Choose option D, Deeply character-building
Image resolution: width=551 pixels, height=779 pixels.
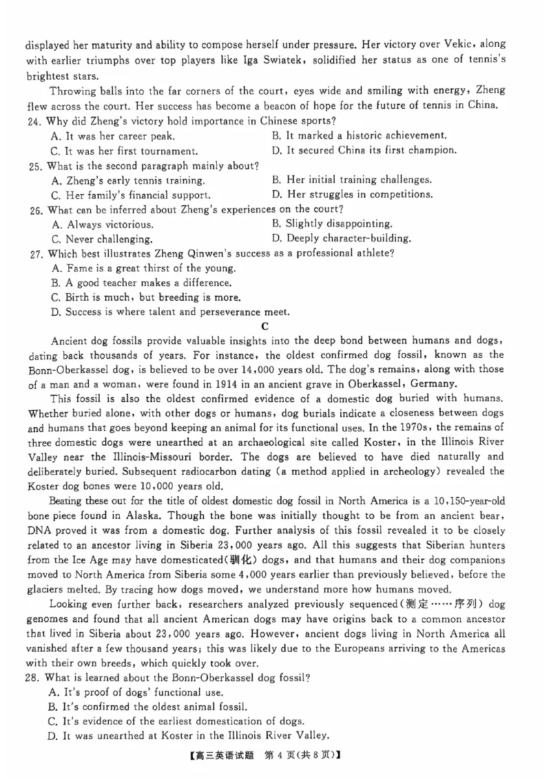[x=342, y=238]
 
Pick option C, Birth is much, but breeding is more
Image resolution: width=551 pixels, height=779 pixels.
[x=146, y=297]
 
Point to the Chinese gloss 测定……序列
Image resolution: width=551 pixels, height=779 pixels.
[x=453, y=604]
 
